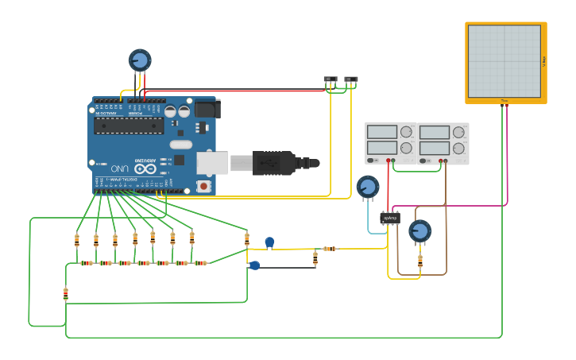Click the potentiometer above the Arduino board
[140, 60]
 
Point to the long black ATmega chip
[129, 126]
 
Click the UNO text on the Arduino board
[119, 168]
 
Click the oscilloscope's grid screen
[504, 61]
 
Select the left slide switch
[331, 80]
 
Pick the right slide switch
[351, 80]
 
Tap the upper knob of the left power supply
[407, 131]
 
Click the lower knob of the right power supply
[458, 148]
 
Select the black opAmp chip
[389, 217]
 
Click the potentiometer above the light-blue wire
[367, 187]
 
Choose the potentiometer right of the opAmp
[419, 231]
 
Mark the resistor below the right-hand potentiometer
[419, 260]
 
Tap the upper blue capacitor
[269, 242]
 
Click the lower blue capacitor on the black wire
[254, 265]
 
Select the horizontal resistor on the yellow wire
[329, 249]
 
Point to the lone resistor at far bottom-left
[66, 294]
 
